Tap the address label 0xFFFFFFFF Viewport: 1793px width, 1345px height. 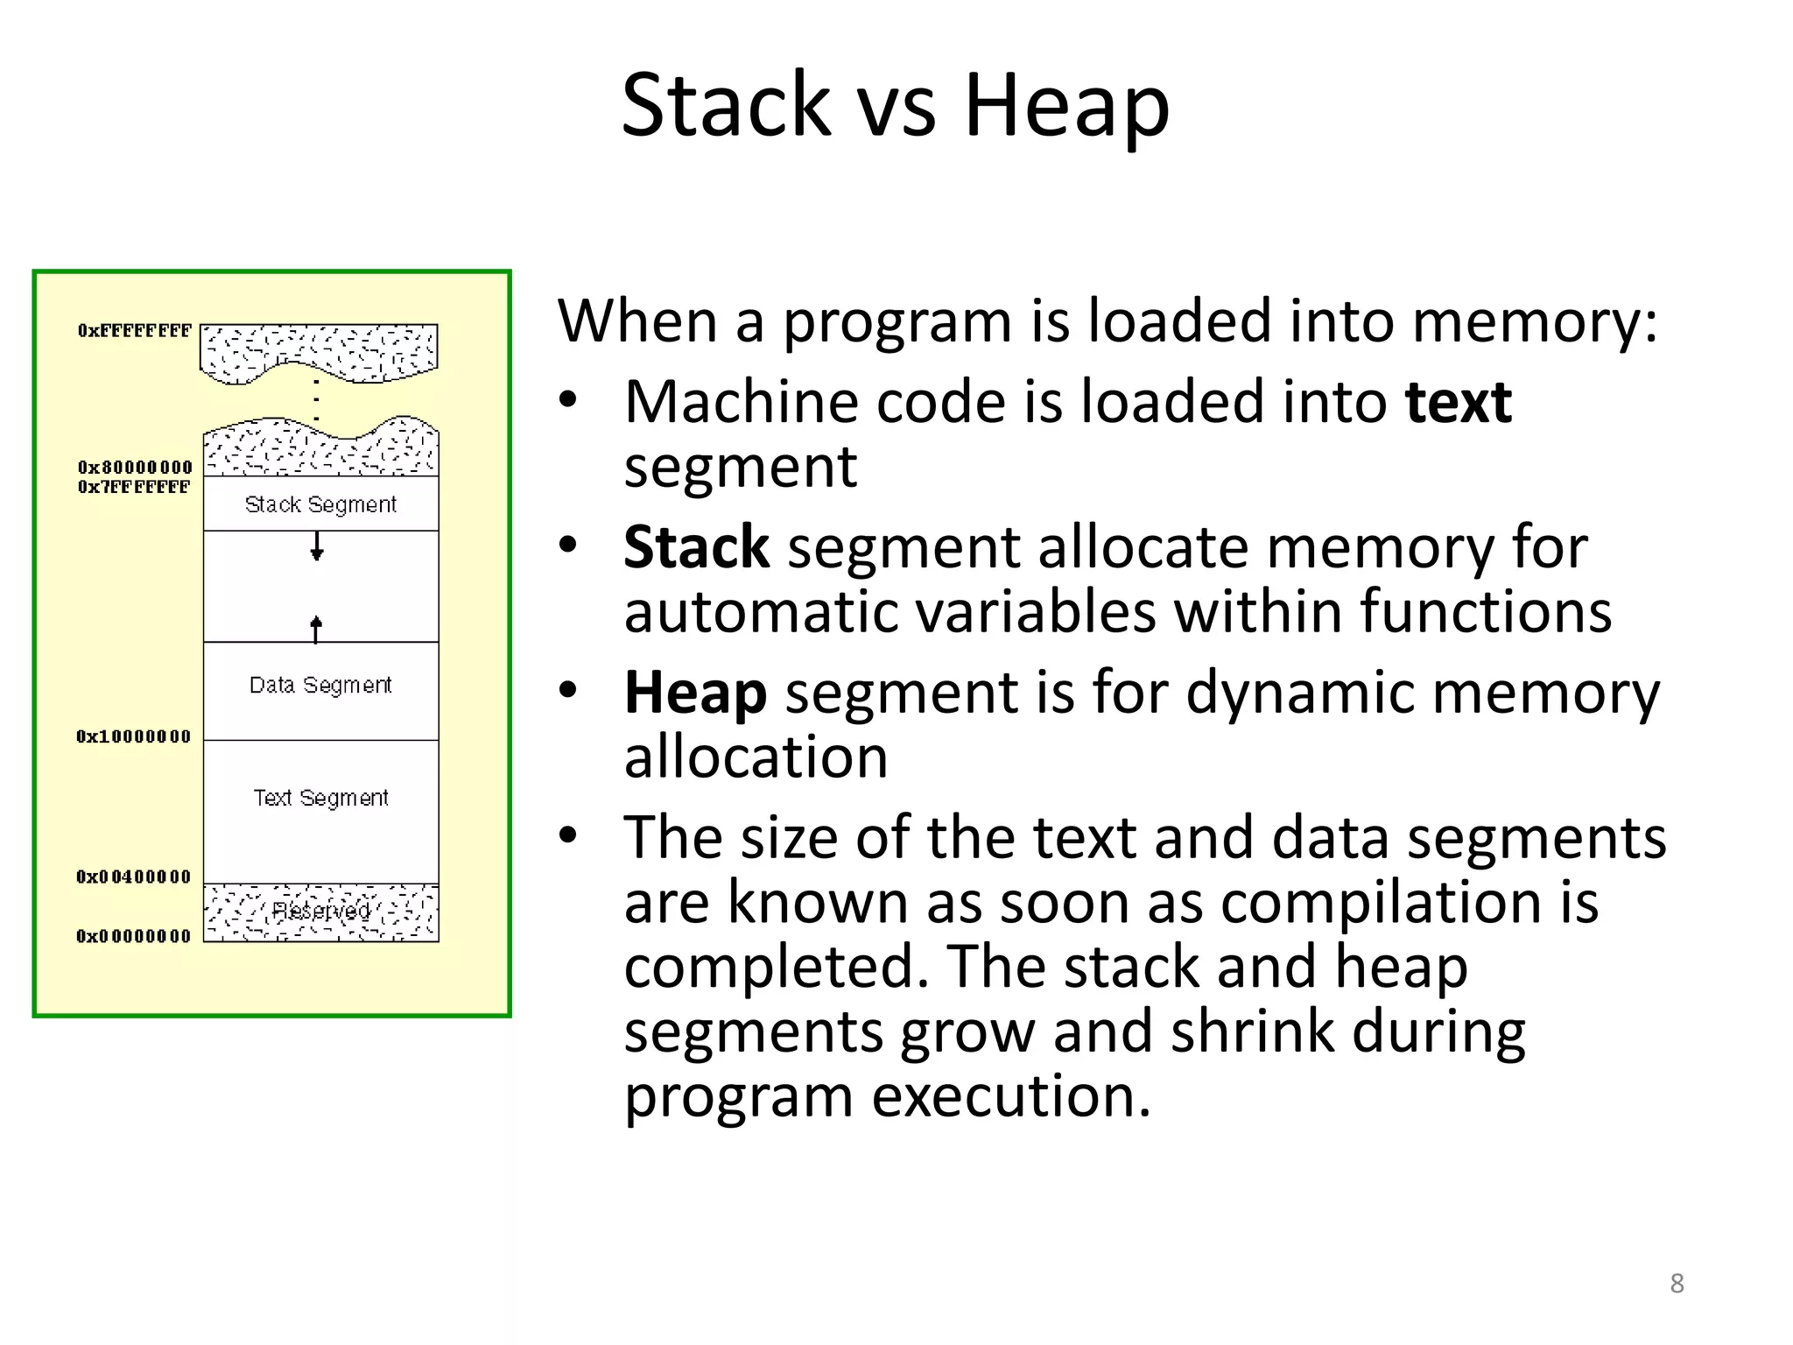click(134, 331)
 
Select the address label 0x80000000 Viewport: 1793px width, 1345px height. click(134, 468)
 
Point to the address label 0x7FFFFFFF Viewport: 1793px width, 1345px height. click(133, 487)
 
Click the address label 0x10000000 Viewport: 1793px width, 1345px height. click(133, 736)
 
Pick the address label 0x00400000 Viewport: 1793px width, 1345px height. click(133, 877)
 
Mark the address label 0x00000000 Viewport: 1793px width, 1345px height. click(133, 936)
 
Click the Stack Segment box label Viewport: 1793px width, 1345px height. click(320, 504)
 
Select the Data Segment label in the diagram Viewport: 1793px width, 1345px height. click(320, 685)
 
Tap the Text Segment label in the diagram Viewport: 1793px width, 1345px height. click(320, 798)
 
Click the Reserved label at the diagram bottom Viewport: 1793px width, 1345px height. click(320, 911)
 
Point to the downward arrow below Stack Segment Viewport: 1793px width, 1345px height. click(317, 548)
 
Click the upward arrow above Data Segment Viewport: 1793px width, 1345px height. click(316, 627)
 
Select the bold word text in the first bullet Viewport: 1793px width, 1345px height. click(1458, 403)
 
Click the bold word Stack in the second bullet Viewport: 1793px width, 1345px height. click(696, 547)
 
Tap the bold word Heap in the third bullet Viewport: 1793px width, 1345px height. click(695, 693)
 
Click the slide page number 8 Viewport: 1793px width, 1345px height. click(1677, 1283)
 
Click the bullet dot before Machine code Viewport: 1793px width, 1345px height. click(568, 400)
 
